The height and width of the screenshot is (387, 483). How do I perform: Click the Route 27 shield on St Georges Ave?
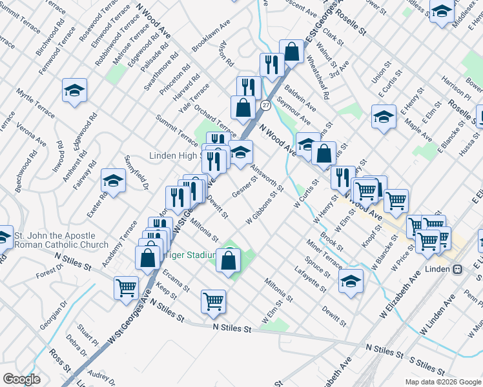click(x=265, y=104)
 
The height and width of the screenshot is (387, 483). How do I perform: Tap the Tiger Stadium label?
click(x=190, y=255)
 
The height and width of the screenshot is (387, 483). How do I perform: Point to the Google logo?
click(x=21, y=379)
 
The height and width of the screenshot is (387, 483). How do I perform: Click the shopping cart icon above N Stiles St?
click(x=213, y=301)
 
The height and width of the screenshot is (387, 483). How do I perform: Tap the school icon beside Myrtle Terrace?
click(x=74, y=90)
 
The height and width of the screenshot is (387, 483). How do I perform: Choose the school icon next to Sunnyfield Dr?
click(x=113, y=182)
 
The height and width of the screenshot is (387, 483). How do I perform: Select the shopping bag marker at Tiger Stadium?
click(x=229, y=261)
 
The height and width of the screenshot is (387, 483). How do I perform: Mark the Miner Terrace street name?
click(x=325, y=253)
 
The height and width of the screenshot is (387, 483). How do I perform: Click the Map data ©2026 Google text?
click(x=443, y=382)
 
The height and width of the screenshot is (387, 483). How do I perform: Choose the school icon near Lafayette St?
click(x=351, y=281)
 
